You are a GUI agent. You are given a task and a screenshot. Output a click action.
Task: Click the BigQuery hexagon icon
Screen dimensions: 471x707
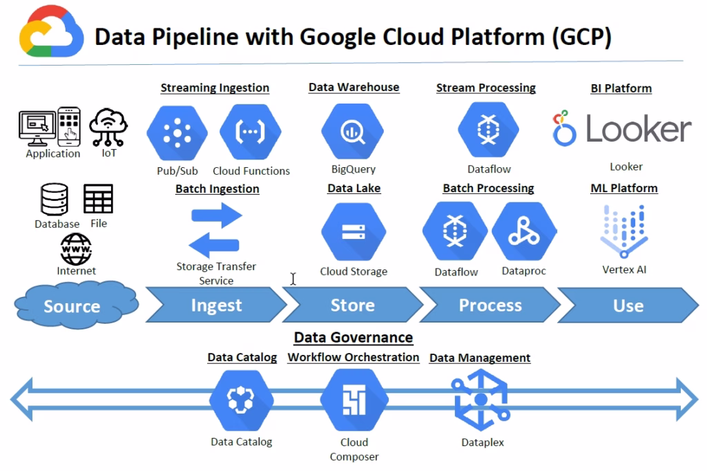(x=352, y=129)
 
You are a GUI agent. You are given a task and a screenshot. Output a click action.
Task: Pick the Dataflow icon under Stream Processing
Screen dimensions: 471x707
(x=488, y=129)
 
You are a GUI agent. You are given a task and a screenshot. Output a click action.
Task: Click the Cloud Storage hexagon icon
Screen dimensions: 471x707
(x=353, y=233)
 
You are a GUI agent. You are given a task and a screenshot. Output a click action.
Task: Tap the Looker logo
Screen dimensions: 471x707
(x=621, y=129)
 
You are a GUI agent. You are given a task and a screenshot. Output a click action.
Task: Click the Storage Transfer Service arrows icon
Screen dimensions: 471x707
(x=215, y=230)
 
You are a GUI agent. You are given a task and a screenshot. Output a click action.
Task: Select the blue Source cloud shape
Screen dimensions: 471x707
(x=72, y=305)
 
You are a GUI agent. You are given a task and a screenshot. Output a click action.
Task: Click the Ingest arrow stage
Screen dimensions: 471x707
(x=216, y=305)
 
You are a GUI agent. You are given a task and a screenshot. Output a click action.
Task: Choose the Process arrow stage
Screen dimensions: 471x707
(x=490, y=305)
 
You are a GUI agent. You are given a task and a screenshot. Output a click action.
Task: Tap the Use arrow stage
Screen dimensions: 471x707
(x=628, y=305)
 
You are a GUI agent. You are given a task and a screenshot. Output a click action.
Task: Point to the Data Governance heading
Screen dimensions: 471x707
(x=353, y=338)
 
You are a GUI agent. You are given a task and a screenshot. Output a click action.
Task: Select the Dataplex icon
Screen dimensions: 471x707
(x=481, y=401)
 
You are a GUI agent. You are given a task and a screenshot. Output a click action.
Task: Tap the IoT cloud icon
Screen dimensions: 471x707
(x=109, y=126)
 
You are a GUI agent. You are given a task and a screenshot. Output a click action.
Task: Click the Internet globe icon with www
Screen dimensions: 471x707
(x=76, y=249)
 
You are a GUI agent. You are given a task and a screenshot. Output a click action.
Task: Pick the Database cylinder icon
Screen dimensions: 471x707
(x=55, y=200)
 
